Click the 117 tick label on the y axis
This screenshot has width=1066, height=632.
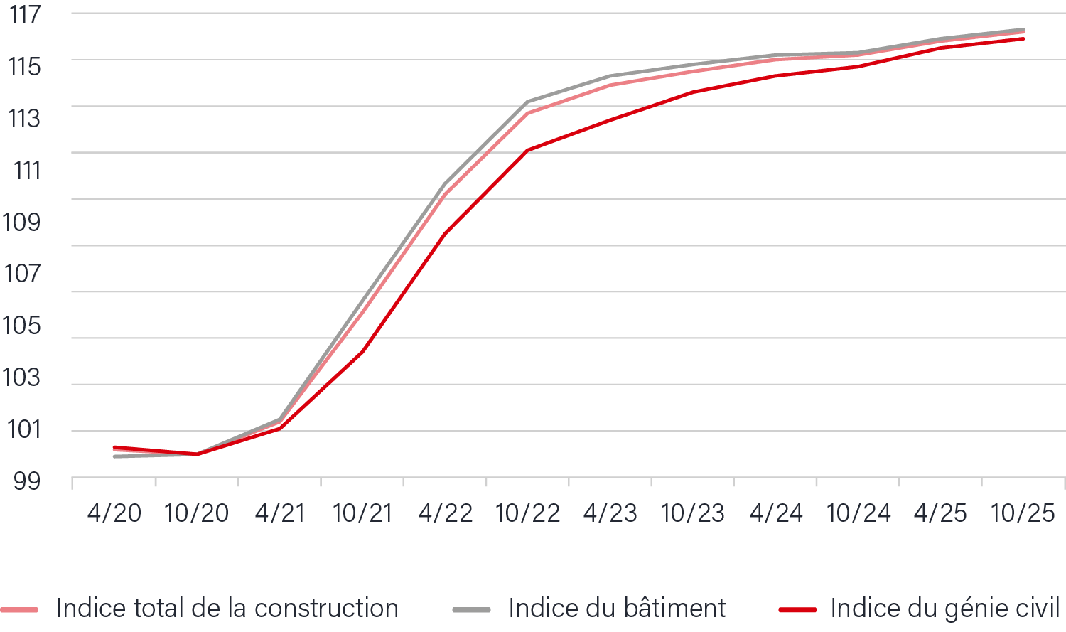[x=25, y=14]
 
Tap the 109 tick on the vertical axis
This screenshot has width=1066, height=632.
[x=22, y=222]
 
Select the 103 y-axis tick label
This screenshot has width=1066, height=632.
[x=22, y=377]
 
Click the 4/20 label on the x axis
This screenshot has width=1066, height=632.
[x=114, y=513]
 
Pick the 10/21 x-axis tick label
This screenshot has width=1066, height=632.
[x=362, y=513]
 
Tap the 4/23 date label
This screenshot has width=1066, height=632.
[x=610, y=513]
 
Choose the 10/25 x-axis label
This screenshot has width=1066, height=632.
[x=1023, y=513]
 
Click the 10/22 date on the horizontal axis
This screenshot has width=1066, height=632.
[x=528, y=513]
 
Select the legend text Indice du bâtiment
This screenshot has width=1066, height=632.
[x=617, y=609]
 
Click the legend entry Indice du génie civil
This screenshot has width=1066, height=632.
[x=945, y=609]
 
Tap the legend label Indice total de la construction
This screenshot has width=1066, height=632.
[x=227, y=609]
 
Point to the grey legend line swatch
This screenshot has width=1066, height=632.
[x=471, y=610]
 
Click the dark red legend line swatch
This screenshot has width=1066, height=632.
[x=797, y=610]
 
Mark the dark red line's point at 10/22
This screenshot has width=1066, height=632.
[x=528, y=151]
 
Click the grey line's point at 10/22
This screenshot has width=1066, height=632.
[x=528, y=102]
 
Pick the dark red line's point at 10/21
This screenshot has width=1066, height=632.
[x=362, y=352]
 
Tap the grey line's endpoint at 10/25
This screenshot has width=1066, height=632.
[x=1023, y=30]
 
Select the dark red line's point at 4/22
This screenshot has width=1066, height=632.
[x=445, y=234]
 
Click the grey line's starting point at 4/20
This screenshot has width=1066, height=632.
[x=114, y=456]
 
